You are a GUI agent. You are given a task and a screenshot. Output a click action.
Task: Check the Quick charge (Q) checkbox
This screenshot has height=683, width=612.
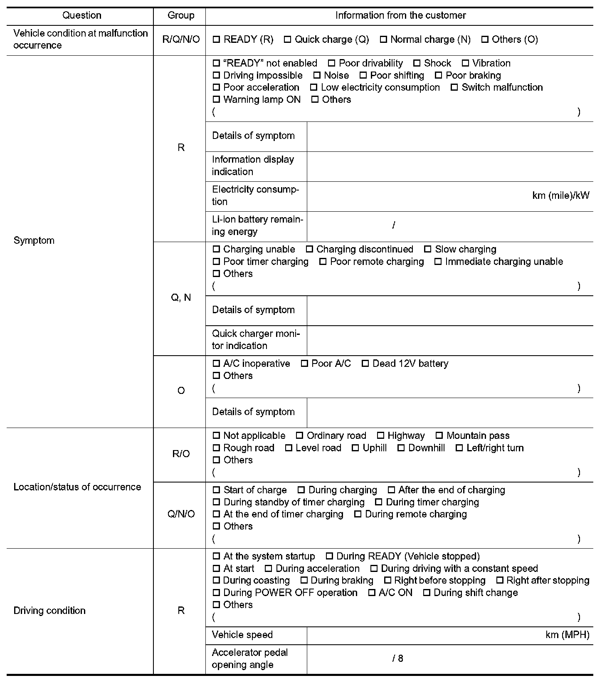[x=287, y=40]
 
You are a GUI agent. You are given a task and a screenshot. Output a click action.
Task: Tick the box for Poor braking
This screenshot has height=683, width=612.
[x=438, y=75]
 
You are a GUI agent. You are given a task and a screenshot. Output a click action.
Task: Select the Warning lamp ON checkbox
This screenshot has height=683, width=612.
[x=216, y=99]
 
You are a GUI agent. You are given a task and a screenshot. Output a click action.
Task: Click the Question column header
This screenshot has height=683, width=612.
[x=82, y=15]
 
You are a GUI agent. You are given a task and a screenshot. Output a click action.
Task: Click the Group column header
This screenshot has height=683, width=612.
[x=181, y=15]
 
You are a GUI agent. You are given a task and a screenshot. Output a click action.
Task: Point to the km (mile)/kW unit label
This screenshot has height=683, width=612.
[x=560, y=195]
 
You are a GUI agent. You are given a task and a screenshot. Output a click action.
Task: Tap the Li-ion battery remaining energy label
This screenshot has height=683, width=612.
[x=257, y=225]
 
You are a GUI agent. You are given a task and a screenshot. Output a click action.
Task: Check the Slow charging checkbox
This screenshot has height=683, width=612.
[x=427, y=249]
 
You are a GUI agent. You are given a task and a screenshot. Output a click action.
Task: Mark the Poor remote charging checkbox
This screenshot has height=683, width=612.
[x=323, y=262]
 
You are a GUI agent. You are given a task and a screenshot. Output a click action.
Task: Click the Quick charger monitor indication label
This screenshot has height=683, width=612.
[x=256, y=339]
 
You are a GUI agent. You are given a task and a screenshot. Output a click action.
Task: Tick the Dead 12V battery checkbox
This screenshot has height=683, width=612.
[x=365, y=364]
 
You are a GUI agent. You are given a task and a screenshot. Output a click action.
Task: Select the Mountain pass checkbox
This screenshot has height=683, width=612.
[x=439, y=436]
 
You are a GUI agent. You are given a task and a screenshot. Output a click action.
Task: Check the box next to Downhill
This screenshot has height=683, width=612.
[x=401, y=448]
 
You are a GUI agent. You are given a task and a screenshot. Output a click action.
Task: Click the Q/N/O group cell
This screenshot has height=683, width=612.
[x=181, y=514]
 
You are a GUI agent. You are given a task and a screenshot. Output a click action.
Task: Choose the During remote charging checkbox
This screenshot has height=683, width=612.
[x=358, y=514]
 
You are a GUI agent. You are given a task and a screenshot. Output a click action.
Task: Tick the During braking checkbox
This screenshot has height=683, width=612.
[x=304, y=580]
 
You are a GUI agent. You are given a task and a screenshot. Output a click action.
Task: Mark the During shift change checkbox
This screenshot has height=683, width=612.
[x=426, y=592]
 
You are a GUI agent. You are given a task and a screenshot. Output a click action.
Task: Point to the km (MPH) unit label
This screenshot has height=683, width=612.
[x=567, y=635]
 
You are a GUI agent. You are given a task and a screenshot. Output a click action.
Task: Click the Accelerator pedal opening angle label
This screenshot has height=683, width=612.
[x=249, y=658]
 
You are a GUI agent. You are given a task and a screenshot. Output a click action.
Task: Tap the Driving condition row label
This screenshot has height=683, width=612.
[x=49, y=611]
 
